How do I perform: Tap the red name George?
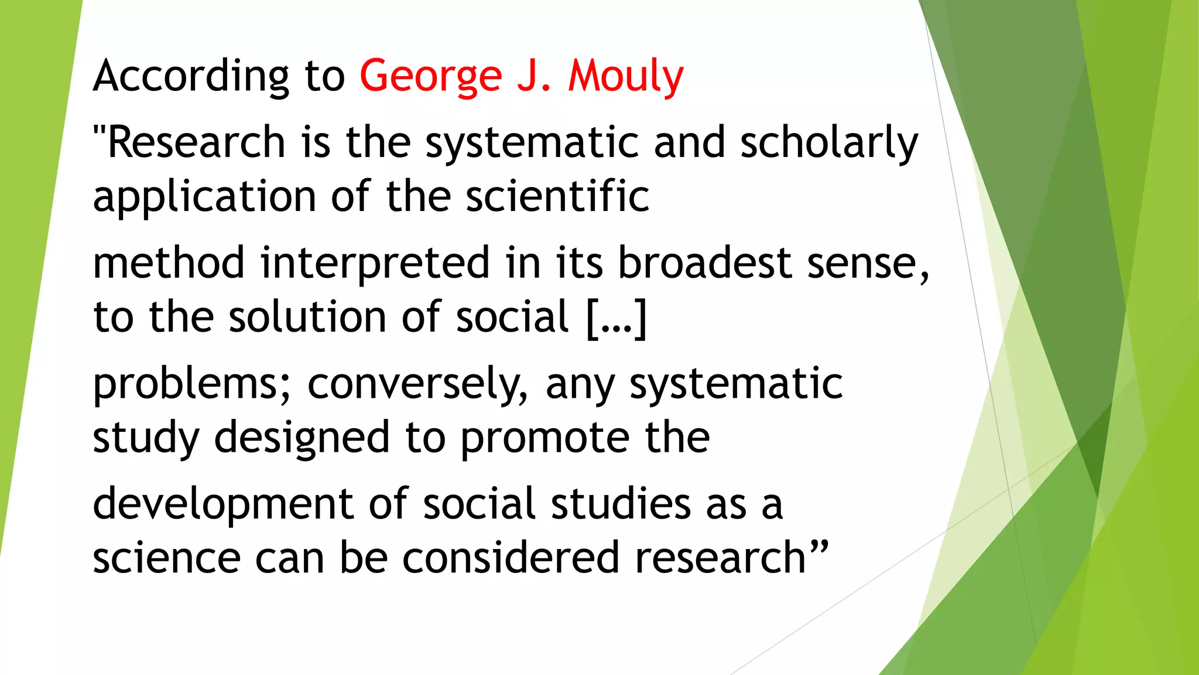(x=431, y=76)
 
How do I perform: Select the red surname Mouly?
(x=625, y=76)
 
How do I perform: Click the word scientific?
(x=557, y=196)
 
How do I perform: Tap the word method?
(x=169, y=262)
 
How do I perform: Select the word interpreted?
(x=375, y=264)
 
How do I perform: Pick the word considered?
(x=511, y=558)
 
